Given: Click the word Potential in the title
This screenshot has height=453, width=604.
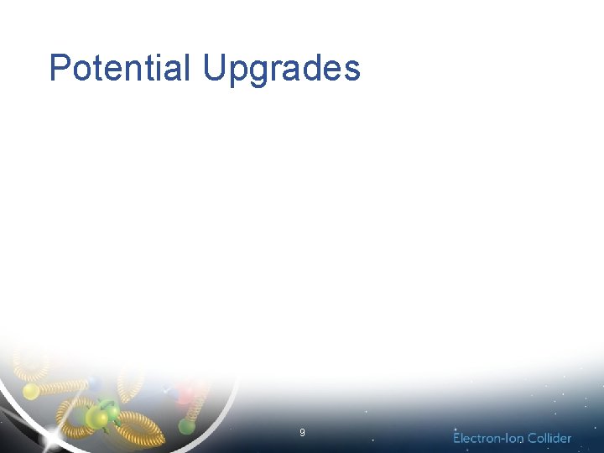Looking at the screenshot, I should click(x=120, y=68).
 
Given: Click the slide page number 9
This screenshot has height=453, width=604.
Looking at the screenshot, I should click(x=302, y=433).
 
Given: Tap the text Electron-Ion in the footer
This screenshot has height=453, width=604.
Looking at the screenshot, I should click(x=488, y=438).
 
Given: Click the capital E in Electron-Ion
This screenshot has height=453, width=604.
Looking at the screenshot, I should click(x=457, y=438).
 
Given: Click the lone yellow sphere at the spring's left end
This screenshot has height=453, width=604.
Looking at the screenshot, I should click(x=30, y=391).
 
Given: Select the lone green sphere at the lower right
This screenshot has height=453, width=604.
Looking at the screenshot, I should click(x=186, y=425).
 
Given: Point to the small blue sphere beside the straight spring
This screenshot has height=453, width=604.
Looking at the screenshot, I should click(x=95, y=383).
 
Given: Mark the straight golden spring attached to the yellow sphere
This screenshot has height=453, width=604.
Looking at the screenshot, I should click(x=63, y=387).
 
